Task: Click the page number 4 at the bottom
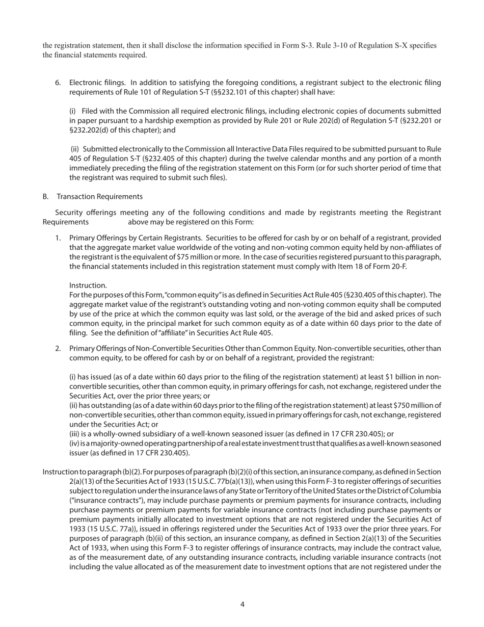[x=242, y=605]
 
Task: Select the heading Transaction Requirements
[x=100, y=196]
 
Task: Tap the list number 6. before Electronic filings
[x=58, y=83]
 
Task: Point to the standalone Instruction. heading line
[x=88, y=285]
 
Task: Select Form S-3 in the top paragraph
[x=295, y=46]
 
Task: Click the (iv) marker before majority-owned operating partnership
[x=75, y=443]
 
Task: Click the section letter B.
[x=45, y=196]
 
